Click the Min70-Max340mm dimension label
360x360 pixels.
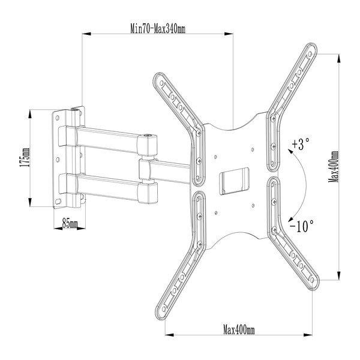(158, 29)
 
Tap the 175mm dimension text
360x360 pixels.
(25, 157)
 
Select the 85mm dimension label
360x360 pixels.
(70, 223)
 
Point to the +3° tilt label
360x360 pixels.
(301, 144)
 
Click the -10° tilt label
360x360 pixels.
(301, 226)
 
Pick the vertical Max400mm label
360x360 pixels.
(334, 167)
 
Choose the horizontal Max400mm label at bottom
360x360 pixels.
(239, 330)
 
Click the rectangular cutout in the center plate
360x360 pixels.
(234, 181)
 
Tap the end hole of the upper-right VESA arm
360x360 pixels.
(310, 54)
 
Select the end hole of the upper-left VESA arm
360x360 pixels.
(161, 83)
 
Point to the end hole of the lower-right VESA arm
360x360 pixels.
(312, 280)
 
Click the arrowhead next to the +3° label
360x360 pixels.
(290, 151)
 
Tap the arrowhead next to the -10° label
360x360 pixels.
(291, 218)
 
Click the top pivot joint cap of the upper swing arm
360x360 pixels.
(147, 136)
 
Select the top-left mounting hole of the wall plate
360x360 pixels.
(58, 118)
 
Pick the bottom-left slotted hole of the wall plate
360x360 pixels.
(58, 202)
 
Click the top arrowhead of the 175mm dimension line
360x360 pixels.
(30, 114)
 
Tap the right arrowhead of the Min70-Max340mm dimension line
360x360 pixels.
(229, 34)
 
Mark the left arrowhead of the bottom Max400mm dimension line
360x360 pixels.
(169, 335)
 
